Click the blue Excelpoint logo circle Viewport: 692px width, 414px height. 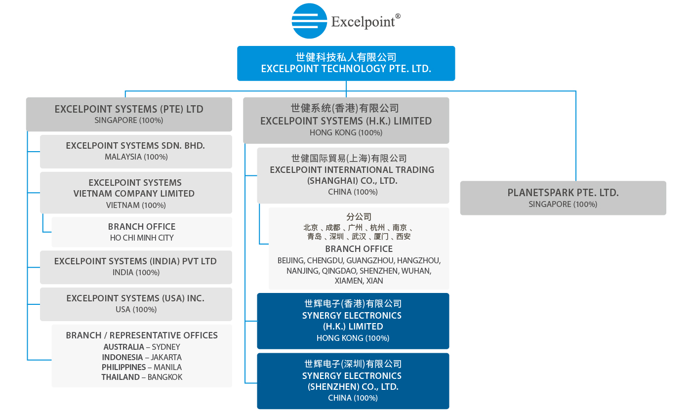[309, 21]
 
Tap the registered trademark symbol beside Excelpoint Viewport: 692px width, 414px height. [398, 16]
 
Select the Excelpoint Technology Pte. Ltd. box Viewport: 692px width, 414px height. [346, 63]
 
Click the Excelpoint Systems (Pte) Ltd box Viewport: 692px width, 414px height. [129, 114]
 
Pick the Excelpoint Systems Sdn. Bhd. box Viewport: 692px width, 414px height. [136, 151]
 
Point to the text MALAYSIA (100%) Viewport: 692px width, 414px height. [136, 157]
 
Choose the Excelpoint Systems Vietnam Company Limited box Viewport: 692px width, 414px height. [136, 193]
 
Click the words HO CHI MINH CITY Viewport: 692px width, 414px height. [142, 238]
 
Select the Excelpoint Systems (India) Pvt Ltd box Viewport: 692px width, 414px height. [136, 267]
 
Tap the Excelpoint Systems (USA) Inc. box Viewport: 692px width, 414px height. [136, 304]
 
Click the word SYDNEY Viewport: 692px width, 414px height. [166, 347]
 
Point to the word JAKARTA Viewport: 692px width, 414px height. [166, 357]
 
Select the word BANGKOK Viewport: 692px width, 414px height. [165, 377]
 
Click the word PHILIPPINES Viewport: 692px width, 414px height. [123, 368]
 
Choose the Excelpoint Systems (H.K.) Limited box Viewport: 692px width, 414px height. [346, 121]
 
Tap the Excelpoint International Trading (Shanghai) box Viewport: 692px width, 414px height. [353, 175]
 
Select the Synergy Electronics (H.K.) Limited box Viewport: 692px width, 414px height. [353, 321]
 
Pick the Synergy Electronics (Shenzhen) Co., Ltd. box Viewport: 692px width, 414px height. [353, 381]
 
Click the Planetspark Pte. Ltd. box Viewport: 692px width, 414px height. [563, 198]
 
